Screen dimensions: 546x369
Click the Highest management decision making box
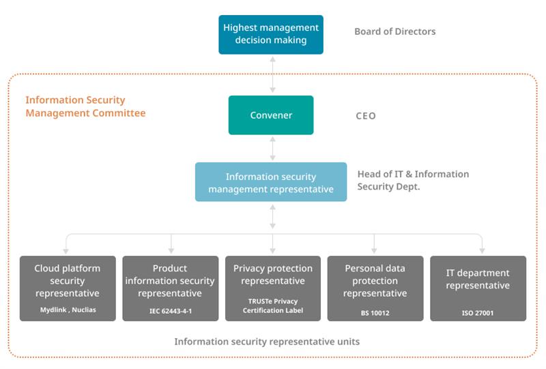pos(271,35)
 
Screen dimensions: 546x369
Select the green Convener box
pos(271,115)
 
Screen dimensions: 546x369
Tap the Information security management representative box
pos(271,182)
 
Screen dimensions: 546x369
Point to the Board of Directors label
pos(395,31)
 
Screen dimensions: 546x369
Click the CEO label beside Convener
pos(366,115)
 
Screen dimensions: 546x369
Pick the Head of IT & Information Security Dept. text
pos(413,180)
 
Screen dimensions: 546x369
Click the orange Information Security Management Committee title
pos(85,106)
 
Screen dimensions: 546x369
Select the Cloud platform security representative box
pos(68,289)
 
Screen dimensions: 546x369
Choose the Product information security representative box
pos(170,289)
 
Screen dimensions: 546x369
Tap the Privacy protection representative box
pos(273,289)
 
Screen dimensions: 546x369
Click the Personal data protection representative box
pos(375,289)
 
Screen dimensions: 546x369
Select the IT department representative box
pos(478,289)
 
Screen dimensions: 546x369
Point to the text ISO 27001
pos(478,313)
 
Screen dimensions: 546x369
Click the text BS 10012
pos(375,313)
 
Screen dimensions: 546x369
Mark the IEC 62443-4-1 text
pos(170,311)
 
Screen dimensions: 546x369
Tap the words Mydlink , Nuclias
pos(68,310)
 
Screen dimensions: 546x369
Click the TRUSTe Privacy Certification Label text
pos(273,306)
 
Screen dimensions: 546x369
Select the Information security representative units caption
pos(267,342)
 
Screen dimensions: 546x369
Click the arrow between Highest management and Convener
pos(272,75)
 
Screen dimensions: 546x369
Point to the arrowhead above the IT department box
pos(483,250)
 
